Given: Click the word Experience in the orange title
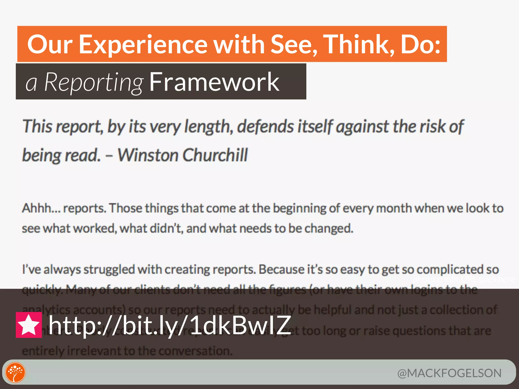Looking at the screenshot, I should [143, 45].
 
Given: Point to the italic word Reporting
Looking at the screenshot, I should [94, 82].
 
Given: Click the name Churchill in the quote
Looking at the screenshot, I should [215, 155].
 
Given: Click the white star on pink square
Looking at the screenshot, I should [29, 325].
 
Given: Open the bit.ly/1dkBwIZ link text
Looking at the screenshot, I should [170, 325].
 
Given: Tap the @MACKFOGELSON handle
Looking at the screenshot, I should [449, 373].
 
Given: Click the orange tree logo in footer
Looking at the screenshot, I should [15, 372].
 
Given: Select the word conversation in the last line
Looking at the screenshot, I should [195, 351].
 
